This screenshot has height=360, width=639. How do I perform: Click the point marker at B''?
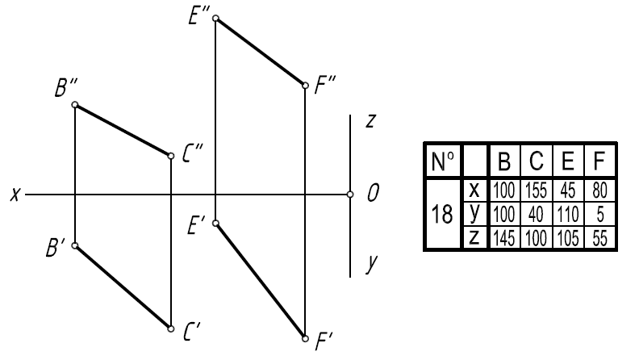[75, 105]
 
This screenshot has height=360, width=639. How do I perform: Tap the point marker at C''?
[171, 155]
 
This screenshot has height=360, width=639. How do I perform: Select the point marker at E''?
[215, 17]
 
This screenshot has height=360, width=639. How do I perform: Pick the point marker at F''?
[305, 85]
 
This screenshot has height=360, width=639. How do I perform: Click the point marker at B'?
[75, 245]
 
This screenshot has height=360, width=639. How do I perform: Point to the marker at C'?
[171, 329]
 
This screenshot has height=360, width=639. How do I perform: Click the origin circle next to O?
[350, 195]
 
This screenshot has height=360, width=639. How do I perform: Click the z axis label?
[369, 121]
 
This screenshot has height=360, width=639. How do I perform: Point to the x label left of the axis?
[15, 195]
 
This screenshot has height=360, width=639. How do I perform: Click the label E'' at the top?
[198, 18]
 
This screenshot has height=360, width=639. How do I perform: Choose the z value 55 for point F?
[599, 237]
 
